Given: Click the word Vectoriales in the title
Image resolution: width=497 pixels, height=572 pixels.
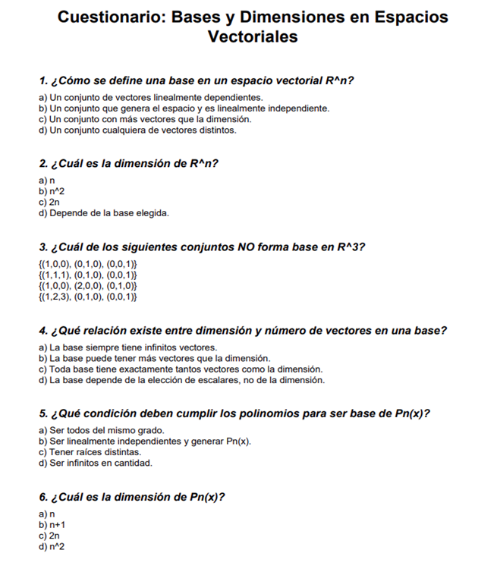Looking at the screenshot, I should coord(253,36).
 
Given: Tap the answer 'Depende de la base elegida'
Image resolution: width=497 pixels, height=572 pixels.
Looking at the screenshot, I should coord(103,213).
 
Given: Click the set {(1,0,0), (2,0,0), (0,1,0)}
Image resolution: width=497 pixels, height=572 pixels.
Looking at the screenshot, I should coord(87,286).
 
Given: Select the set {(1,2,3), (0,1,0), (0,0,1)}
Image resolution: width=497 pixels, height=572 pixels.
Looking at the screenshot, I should coord(87,297).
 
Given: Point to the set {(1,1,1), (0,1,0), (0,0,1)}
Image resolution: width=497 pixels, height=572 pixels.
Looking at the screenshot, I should coord(87,275).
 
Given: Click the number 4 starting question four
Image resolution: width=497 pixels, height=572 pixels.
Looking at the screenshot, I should coord(42,331).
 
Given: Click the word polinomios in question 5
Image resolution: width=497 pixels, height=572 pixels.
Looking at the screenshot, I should coord(247,413).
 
